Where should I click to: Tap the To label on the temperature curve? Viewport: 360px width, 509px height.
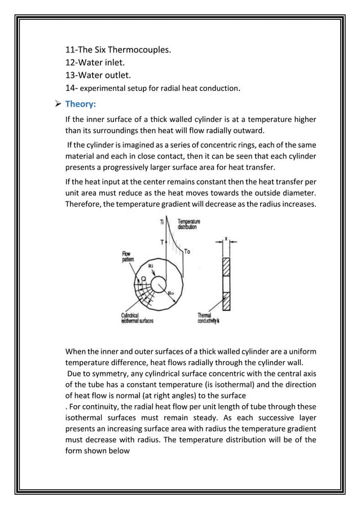187,251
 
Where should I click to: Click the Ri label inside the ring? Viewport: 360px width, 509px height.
151,265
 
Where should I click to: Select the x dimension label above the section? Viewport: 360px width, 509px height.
226,238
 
